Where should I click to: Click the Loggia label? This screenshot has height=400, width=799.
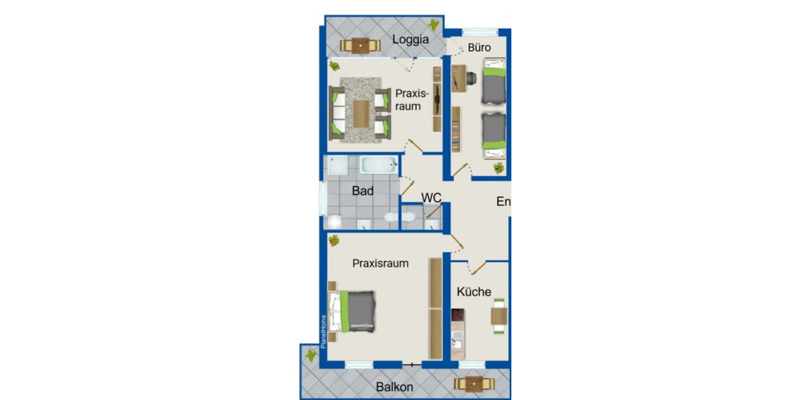(410, 39)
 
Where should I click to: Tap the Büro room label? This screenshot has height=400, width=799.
(479, 47)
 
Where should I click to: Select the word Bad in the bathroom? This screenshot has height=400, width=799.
(363, 191)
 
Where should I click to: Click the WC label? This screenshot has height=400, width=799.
(432, 198)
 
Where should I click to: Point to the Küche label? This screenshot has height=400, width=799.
(474, 292)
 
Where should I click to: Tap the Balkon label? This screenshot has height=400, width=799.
(394, 387)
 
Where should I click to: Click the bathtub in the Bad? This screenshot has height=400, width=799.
(379, 165)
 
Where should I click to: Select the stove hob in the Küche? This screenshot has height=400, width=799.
(457, 315)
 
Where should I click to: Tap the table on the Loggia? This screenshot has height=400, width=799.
(360, 45)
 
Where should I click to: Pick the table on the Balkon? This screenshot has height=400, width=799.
(473, 384)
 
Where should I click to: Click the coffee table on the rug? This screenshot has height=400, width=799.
(360, 113)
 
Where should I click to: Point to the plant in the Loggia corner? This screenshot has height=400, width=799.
(434, 26)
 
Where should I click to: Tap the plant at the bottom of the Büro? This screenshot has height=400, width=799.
(498, 168)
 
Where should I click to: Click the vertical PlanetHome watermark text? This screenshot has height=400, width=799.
(324, 331)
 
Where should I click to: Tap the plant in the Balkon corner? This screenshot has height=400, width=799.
(310, 355)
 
